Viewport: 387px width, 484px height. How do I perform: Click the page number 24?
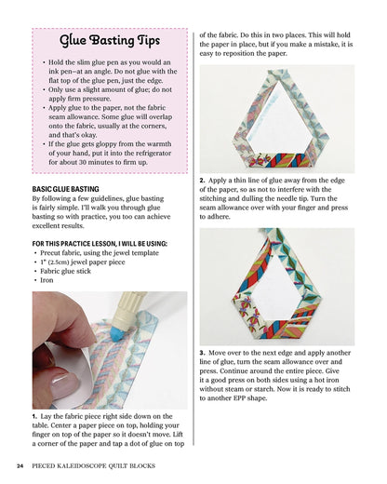(20, 464)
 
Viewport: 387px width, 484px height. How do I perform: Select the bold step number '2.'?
(203, 179)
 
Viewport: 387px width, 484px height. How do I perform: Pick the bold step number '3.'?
(203, 353)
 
